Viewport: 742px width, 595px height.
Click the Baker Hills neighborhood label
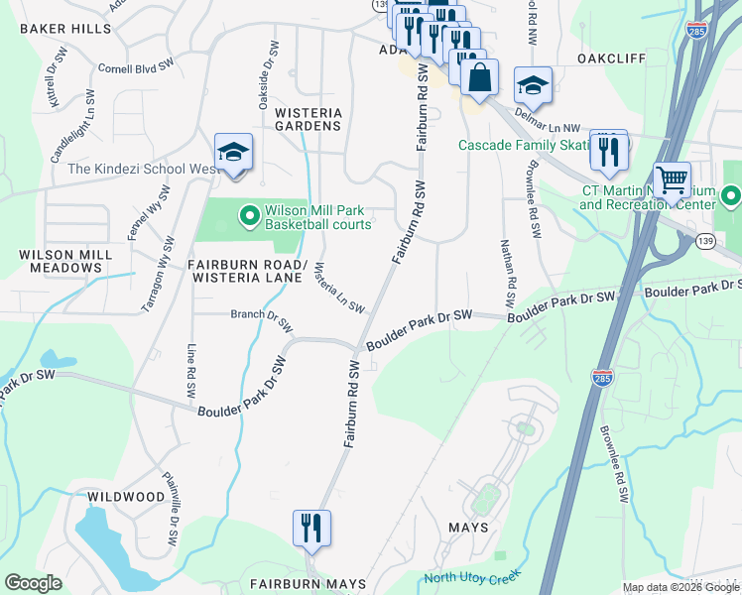click(65, 29)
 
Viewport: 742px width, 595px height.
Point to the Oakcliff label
click(612, 59)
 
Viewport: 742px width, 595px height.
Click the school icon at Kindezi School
click(233, 153)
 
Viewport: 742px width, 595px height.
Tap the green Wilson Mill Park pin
click(249, 213)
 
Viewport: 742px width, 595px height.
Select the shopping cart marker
click(673, 180)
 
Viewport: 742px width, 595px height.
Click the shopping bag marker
click(479, 77)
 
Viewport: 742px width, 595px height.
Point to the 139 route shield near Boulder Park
click(704, 241)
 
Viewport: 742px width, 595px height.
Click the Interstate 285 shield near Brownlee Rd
click(601, 377)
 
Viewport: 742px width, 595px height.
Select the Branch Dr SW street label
click(261, 319)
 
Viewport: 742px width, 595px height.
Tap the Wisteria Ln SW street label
click(338, 288)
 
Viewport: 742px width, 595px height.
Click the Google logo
click(34, 583)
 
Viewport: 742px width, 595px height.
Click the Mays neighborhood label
click(468, 527)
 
